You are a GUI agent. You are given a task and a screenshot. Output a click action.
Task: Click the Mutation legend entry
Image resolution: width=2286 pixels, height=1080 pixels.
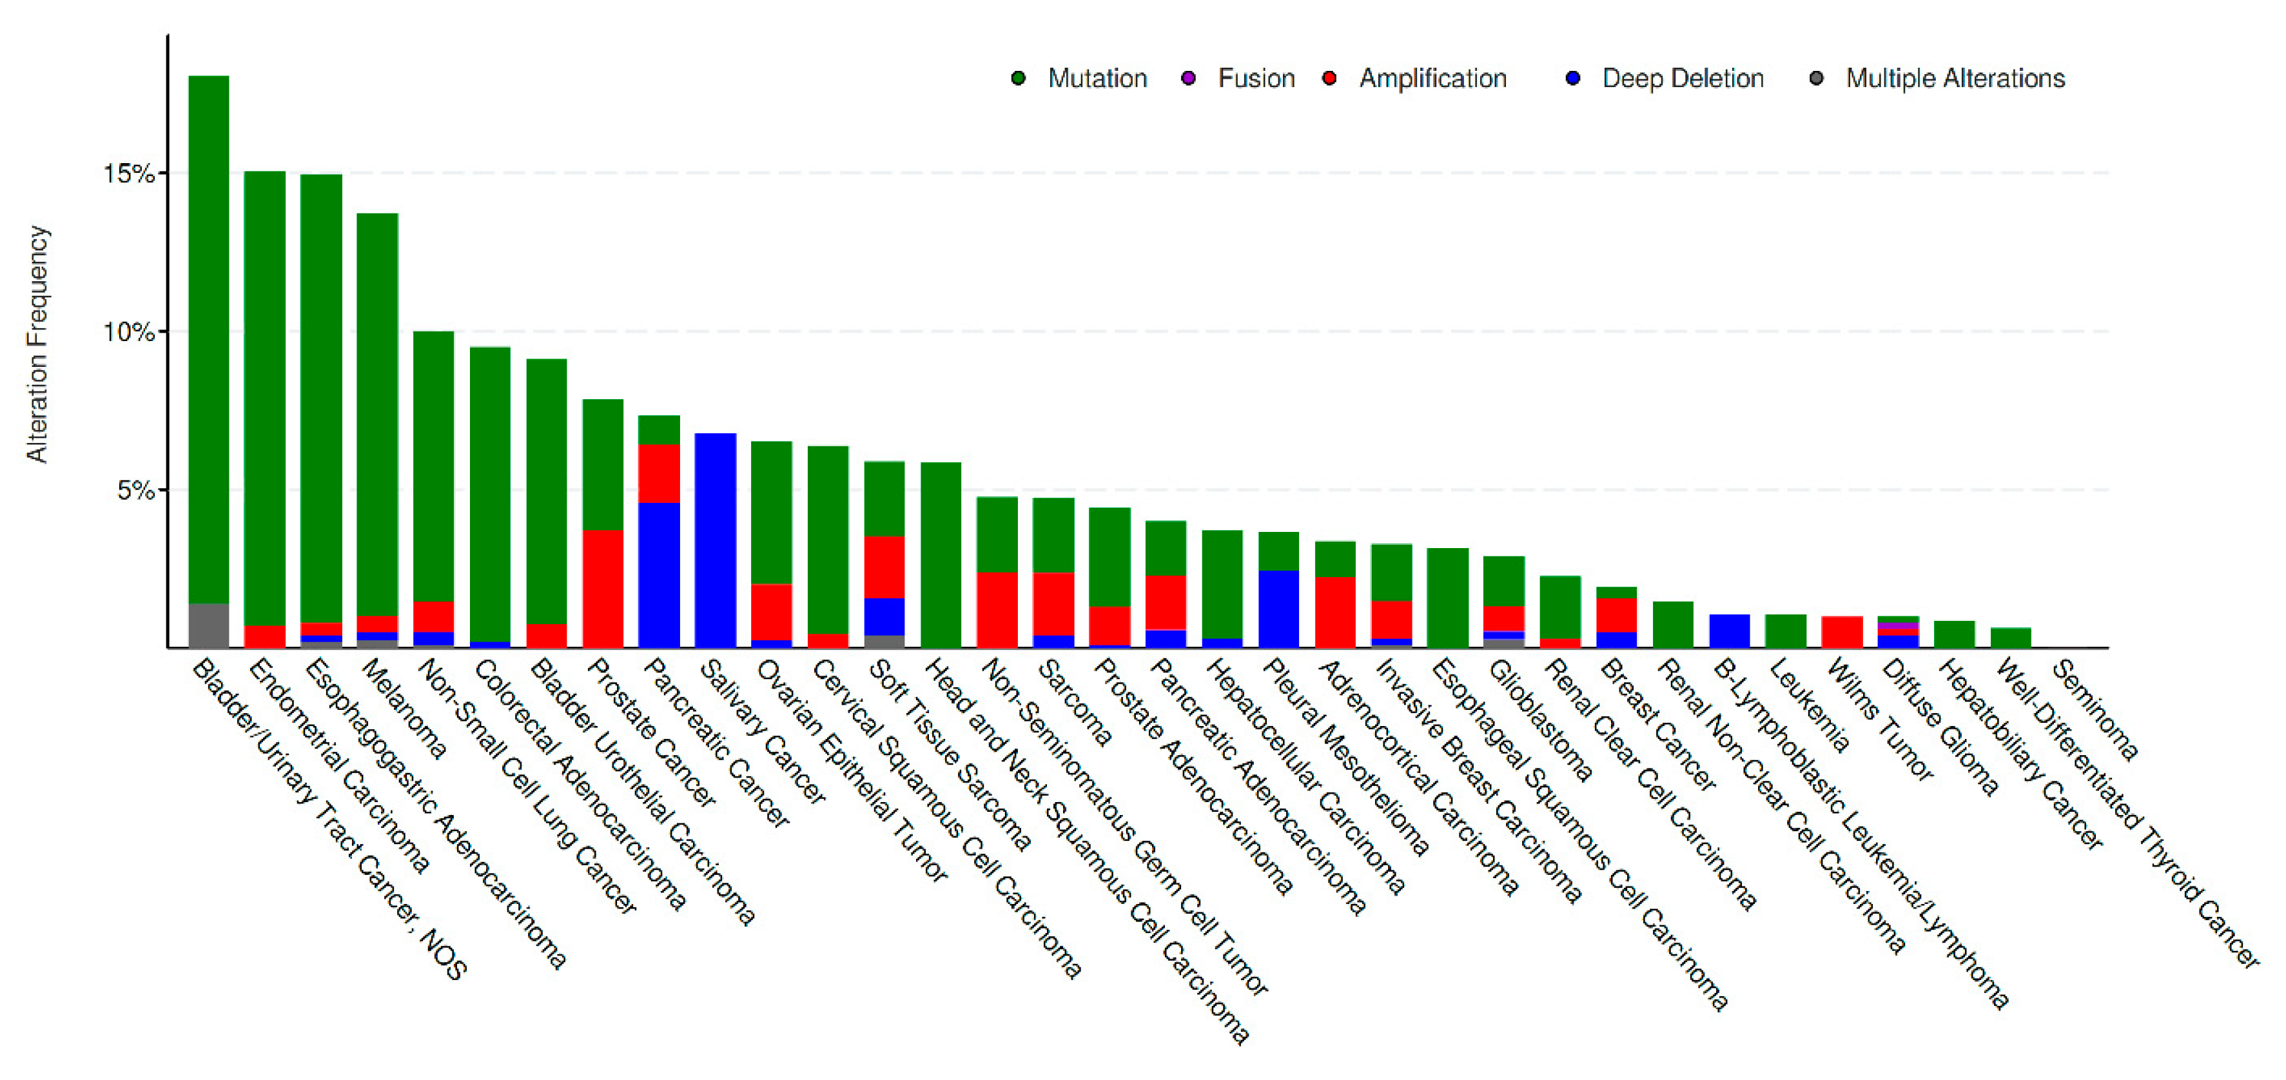pos(1096,78)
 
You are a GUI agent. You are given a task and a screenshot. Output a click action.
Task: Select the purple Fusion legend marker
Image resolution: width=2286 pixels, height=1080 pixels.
pos(1188,78)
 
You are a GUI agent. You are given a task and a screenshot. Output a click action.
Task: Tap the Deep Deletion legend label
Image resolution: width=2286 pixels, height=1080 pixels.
pos(1682,78)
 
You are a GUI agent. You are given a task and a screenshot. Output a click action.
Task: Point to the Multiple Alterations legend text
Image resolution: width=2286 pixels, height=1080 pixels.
pos(1955,78)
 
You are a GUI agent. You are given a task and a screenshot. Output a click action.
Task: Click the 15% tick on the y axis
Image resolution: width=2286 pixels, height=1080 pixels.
pos(130,173)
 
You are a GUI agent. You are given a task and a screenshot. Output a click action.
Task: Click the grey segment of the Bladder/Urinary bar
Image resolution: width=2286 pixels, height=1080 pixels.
pos(208,625)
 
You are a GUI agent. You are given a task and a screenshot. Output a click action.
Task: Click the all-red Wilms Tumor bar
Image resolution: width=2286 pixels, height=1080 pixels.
pos(1841,631)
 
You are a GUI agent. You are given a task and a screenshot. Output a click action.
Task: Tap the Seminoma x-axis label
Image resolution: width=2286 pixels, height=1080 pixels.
pos(2095,711)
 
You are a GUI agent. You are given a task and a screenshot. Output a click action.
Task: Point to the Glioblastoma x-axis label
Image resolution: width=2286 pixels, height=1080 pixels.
pos(1539,721)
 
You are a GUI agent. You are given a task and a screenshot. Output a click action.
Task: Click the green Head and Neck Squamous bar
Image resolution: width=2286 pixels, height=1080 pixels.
pos(941,554)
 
